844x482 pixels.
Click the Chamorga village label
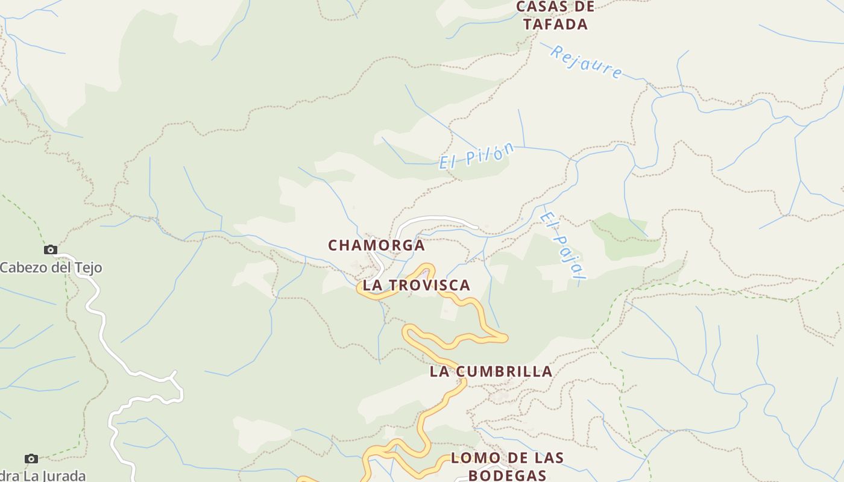[376, 245]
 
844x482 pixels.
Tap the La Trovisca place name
[416, 285]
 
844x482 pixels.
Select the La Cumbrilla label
[491, 372]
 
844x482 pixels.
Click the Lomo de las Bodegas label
[507, 466]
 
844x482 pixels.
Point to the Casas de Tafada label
[555, 16]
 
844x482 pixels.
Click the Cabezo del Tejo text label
[51, 268]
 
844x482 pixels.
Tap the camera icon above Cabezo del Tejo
[51, 249]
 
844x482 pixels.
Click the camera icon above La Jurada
[31, 459]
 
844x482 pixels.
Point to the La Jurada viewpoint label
[42, 475]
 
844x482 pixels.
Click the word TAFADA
[555, 24]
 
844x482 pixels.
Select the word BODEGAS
[507, 475]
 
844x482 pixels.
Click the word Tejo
[88, 268]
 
